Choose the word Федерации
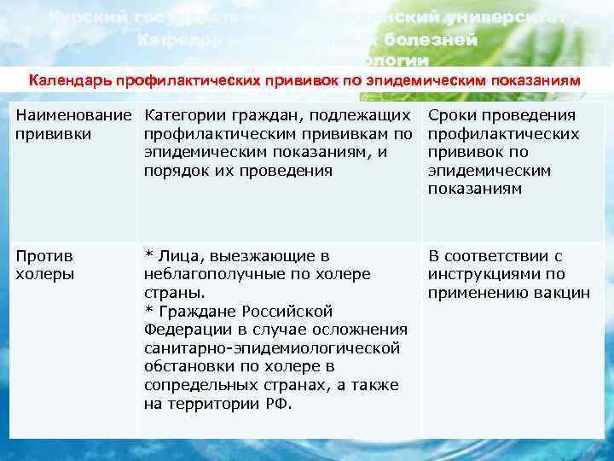point(188,330)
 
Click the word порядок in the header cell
point(174,170)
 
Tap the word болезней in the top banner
point(431,39)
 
